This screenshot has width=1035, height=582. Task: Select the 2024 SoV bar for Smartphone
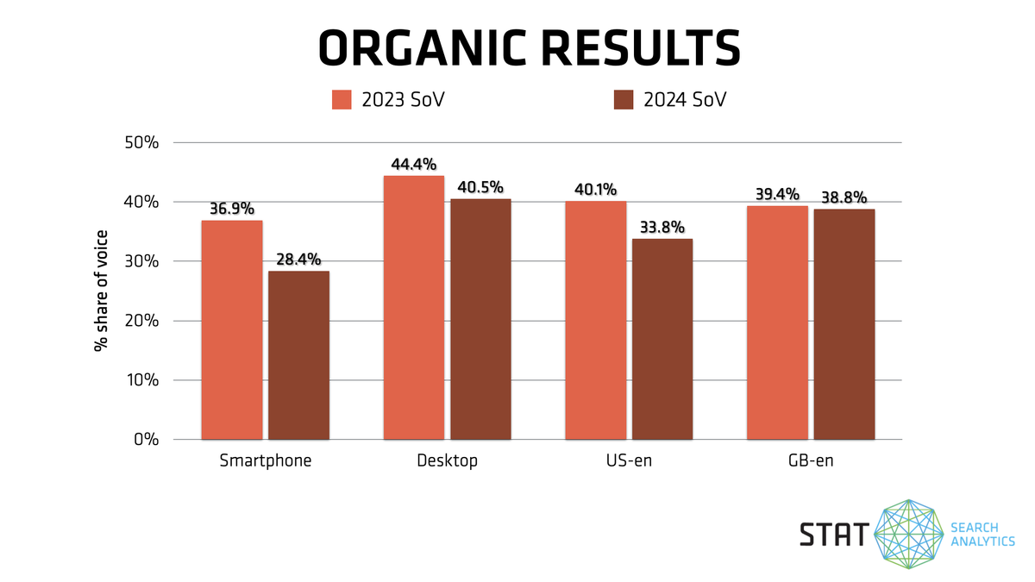(298, 355)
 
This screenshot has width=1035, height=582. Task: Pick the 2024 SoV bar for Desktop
(480, 319)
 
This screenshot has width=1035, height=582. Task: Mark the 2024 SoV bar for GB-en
(844, 324)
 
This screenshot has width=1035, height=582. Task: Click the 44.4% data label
(414, 165)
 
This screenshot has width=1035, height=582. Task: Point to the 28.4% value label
(298, 260)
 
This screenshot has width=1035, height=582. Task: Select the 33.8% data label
(662, 228)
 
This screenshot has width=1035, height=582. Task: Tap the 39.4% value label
(777, 194)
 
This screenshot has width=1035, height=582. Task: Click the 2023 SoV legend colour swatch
(342, 100)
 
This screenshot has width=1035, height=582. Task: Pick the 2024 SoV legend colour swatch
(624, 100)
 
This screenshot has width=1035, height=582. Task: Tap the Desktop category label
(447, 460)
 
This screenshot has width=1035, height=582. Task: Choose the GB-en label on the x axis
(810, 460)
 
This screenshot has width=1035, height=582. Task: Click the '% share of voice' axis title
(102, 290)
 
